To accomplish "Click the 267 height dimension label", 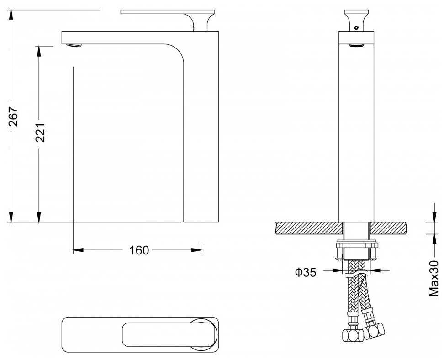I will click(14, 116).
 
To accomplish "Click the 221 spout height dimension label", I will click(41, 132).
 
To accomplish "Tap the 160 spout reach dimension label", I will click(139, 250).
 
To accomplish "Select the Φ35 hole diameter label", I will click(306, 273).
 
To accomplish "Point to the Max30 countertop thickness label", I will click(434, 278).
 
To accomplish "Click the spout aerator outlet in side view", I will click(74, 45).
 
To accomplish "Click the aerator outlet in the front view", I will click(356, 45).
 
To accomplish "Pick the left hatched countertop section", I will click(309, 228).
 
